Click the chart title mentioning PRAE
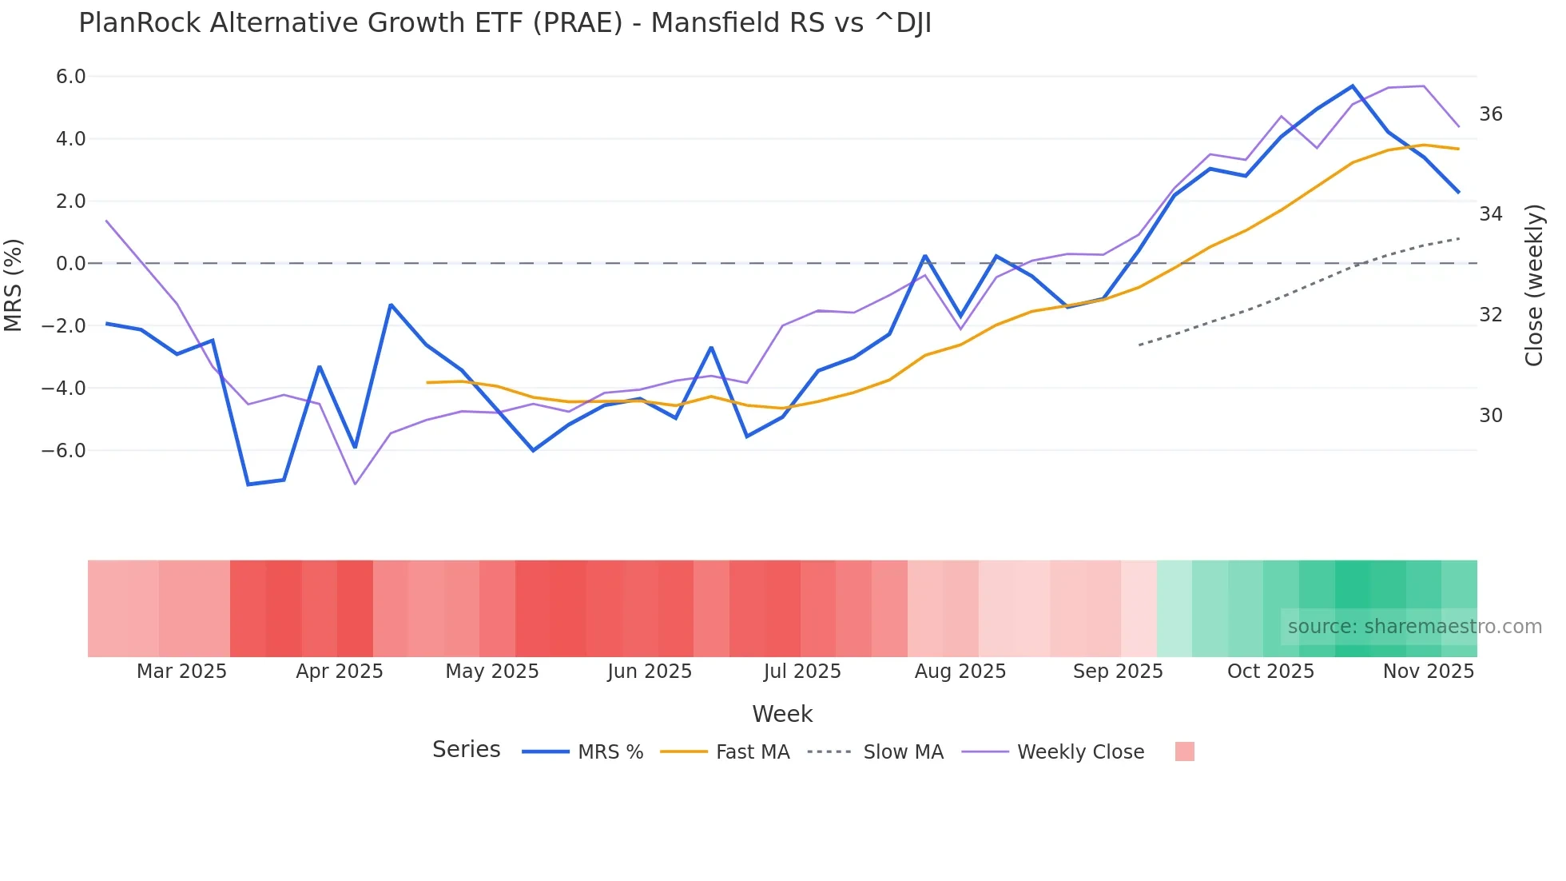click(505, 23)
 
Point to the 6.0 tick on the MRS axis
click(70, 77)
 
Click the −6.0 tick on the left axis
click(64, 451)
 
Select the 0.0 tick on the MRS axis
click(70, 264)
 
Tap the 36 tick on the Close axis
click(1491, 114)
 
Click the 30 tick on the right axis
click(1491, 416)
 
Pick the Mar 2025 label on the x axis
click(181, 672)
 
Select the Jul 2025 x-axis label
click(802, 672)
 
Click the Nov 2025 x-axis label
click(1429, 672)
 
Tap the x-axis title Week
click(782, 714)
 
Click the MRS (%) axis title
click(14, 285)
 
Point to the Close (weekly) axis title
click(1534, 285)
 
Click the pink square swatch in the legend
click(1185, 751)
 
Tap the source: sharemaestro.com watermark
click(1414, 627)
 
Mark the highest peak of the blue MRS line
click(1353, 86)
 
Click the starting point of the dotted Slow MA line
click(1139, 345)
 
